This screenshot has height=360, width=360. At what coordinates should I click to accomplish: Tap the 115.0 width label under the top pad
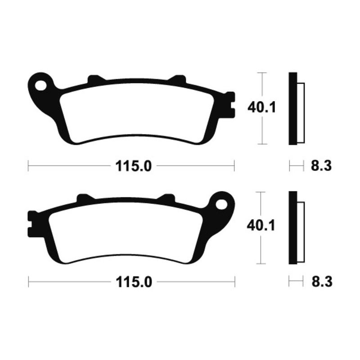(x=133, y=166)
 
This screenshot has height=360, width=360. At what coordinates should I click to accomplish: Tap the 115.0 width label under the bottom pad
(x=133, y=282)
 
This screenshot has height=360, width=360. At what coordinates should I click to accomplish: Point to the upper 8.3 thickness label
(x=321, y=166)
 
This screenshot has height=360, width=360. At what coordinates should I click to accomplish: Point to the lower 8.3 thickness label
(x=321, y=282)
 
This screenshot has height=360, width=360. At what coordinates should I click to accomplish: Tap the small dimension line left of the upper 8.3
(x=296, y=166)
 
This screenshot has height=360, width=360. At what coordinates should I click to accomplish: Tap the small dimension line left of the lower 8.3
(x=296, y=282)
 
